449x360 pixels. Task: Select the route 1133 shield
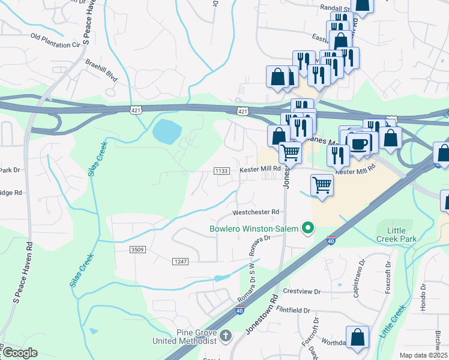click(x=221, y=171)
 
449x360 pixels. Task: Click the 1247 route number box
click(x=180, y=261)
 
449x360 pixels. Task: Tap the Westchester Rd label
click(x=256, y=212)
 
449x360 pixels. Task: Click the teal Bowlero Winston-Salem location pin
click(x=309, y=228)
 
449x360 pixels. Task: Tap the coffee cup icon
click(x=360, y=144)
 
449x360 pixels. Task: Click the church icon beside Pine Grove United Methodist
click(x=226, y=336)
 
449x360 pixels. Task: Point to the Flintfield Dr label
click(x=289, y=311)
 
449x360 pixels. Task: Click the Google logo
click(x=19, y=353)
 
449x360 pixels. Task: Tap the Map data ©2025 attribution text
click(x=424, y=355)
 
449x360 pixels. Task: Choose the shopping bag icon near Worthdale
click(x=358, y=338)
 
